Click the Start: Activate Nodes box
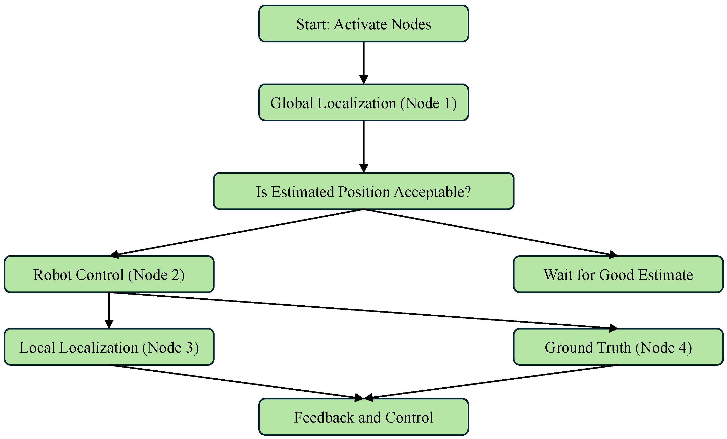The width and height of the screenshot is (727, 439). click(363, 24)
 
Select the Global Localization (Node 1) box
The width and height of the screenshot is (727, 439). click(363, 103)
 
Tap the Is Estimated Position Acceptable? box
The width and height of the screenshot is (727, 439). click(363, 191)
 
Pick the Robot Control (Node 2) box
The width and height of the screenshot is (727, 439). click(109, 274)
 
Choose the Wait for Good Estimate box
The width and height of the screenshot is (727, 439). click(618, 274)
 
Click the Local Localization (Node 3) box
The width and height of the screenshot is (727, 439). click(109, 347)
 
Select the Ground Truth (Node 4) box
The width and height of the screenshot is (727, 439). click(618, 347)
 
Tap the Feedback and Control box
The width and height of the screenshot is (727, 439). click(363, 417)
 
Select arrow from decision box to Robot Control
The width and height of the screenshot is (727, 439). click(236, 232)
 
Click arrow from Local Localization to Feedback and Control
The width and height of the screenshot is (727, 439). click(236, 382)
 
